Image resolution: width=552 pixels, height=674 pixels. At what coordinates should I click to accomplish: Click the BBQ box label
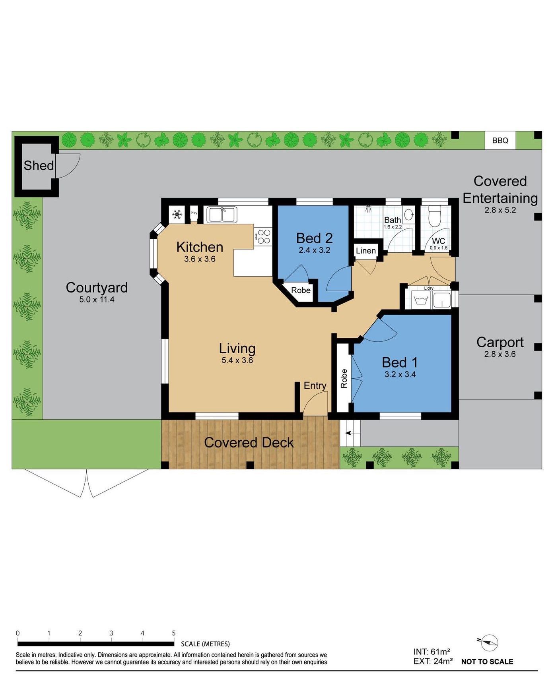pyautogui.click(x=500, y=140)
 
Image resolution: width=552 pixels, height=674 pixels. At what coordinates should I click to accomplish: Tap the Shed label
pyautogui.click(x=39, y=165)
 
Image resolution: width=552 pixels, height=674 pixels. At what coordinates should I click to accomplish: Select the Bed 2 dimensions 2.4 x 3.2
pyautogui.click(x=314, y=250)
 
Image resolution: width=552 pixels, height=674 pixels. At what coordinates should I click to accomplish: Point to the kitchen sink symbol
pyautogui.click(x=222, y=215)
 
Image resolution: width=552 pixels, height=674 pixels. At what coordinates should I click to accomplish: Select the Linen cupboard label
pyautogui.click(x=365, y=251)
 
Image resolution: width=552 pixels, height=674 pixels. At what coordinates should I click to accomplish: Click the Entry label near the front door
pyautogui.click(x=315, y=385)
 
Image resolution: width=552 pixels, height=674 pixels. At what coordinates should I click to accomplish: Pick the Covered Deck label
pyautogui.click(x=249, y=442)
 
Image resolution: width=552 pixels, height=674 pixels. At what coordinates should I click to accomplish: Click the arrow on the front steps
pyautogui.click(x=348, y=433)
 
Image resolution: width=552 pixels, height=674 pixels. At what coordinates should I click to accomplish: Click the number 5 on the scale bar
pyautogui.click(x=173, y=633)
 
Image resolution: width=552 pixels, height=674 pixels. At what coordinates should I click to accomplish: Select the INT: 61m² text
pyautogui.click(x=431, y=652)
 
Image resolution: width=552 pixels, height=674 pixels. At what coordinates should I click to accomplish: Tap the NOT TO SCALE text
pyautogui.click(x=487, y=662)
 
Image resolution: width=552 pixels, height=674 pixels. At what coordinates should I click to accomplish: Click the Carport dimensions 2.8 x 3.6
pyautogui.click(x=500, y=354)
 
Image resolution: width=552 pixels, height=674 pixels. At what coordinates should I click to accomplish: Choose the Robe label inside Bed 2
pyautogui.click(x=301, y=290)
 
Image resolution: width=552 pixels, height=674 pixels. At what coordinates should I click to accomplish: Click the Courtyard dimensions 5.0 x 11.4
pyautogui.click(x=97, y=300)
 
